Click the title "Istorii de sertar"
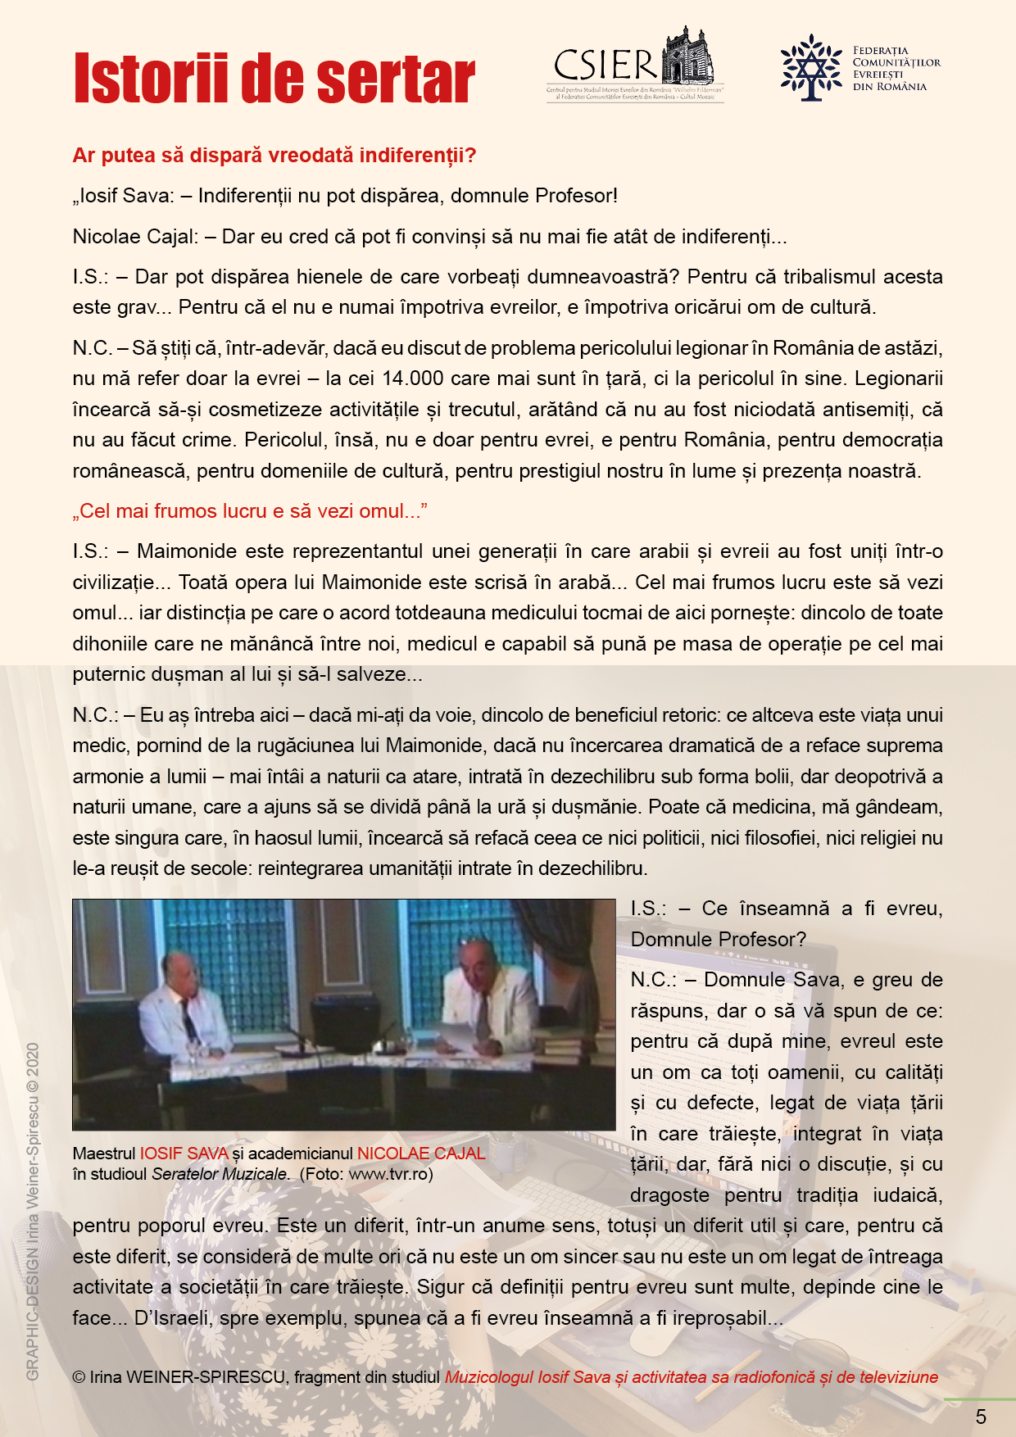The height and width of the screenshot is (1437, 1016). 274,79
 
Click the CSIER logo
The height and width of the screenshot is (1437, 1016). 635,64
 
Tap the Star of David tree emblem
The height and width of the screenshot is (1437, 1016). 810,68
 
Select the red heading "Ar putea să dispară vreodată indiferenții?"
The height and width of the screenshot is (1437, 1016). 274,156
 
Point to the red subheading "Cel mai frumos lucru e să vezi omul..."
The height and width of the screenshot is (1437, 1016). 251,511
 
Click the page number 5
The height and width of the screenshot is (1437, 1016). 981,1417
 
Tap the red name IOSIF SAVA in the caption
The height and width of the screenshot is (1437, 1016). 184,1154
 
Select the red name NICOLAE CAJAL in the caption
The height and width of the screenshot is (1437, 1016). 421,1154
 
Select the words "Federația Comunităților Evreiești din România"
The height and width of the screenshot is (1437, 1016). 896,69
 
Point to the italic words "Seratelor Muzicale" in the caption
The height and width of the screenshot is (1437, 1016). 220,1174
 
